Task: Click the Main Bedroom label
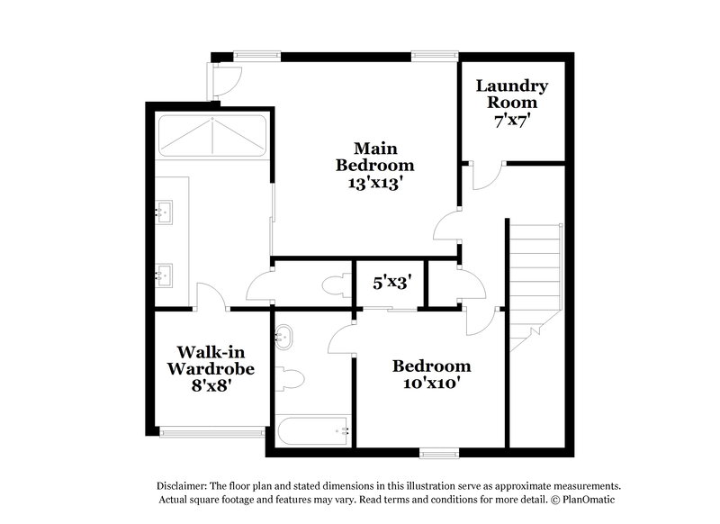coord(375,156)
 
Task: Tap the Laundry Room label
coord(512,95)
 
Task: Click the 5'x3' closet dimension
coord(392,282)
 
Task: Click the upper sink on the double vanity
coord(165,212)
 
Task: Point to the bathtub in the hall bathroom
coord(313,430)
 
